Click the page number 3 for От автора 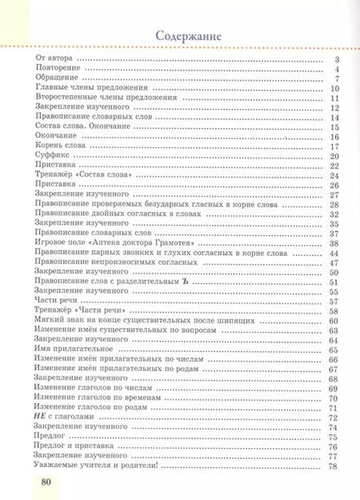[x=334, y=61]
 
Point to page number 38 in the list [x=331, y=243]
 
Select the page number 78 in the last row [x=331, y=466]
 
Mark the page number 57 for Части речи [x=331, y=302]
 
